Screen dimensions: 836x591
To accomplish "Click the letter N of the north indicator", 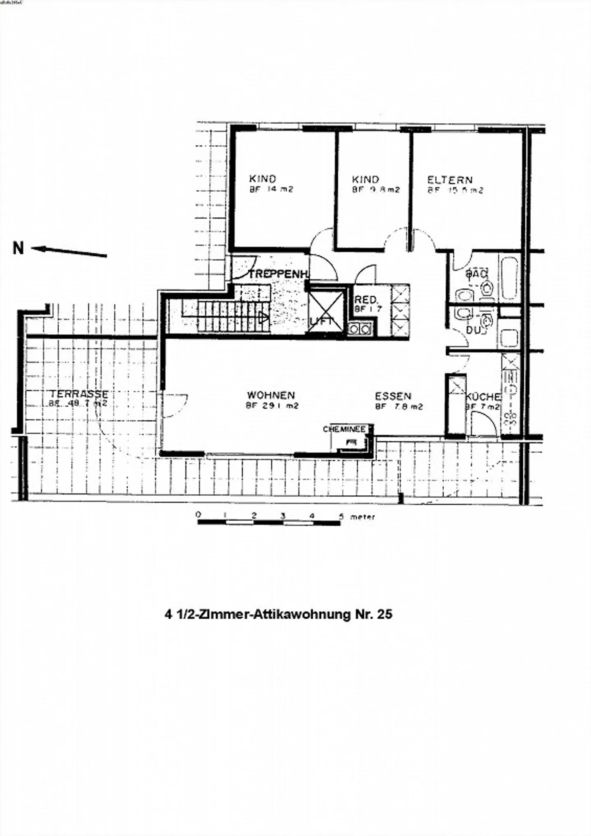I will [x=18, y=248].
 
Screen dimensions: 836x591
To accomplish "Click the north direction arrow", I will [x=69, y=251].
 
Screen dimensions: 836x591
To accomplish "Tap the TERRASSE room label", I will [x=79, y=394].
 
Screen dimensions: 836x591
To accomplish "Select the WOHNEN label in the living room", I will [x=271, y=395].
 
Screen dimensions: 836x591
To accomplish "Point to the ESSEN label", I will [x=393, y=396].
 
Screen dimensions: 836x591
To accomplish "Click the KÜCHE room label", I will [x=483, y=397].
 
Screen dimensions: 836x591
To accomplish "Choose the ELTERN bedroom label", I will [x=450, y=180].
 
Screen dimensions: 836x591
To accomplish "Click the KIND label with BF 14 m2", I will [x=263, y=179].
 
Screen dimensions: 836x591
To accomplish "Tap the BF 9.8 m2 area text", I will [x=376, y=190].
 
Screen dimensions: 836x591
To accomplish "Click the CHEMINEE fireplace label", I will [x=344, y=429].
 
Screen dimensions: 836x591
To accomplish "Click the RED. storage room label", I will [x=365, y=300].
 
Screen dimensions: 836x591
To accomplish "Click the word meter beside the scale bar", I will [x=362, y=517].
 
